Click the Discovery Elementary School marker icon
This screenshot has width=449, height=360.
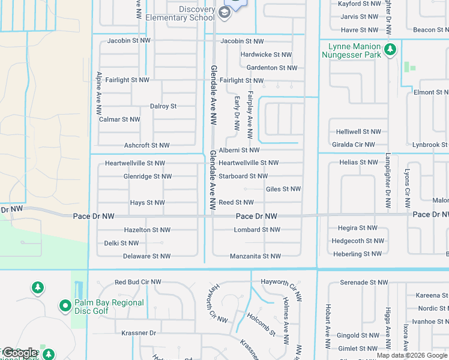(x=224, y=13)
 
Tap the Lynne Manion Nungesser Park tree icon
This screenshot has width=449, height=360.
(x=391, y=49)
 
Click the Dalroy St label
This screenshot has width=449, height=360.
(x=163, y=106)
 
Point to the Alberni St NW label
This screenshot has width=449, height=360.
(x=239, y=150)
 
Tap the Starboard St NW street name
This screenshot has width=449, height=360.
(x=243, y=176)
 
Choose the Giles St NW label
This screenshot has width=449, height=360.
(x=283, y=189)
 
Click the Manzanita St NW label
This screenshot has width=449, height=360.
(x=255, y=256)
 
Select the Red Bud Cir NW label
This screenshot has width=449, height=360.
(x=138, y=281)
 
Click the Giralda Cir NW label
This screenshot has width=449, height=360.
(x=354, y=145)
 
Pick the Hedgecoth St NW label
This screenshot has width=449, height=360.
(x=358, y=241)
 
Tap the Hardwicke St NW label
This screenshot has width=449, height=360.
(x=266, y=55)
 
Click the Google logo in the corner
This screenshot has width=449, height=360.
(x=20, y=353)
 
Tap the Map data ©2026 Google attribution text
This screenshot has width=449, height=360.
(x=411, y=355)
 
